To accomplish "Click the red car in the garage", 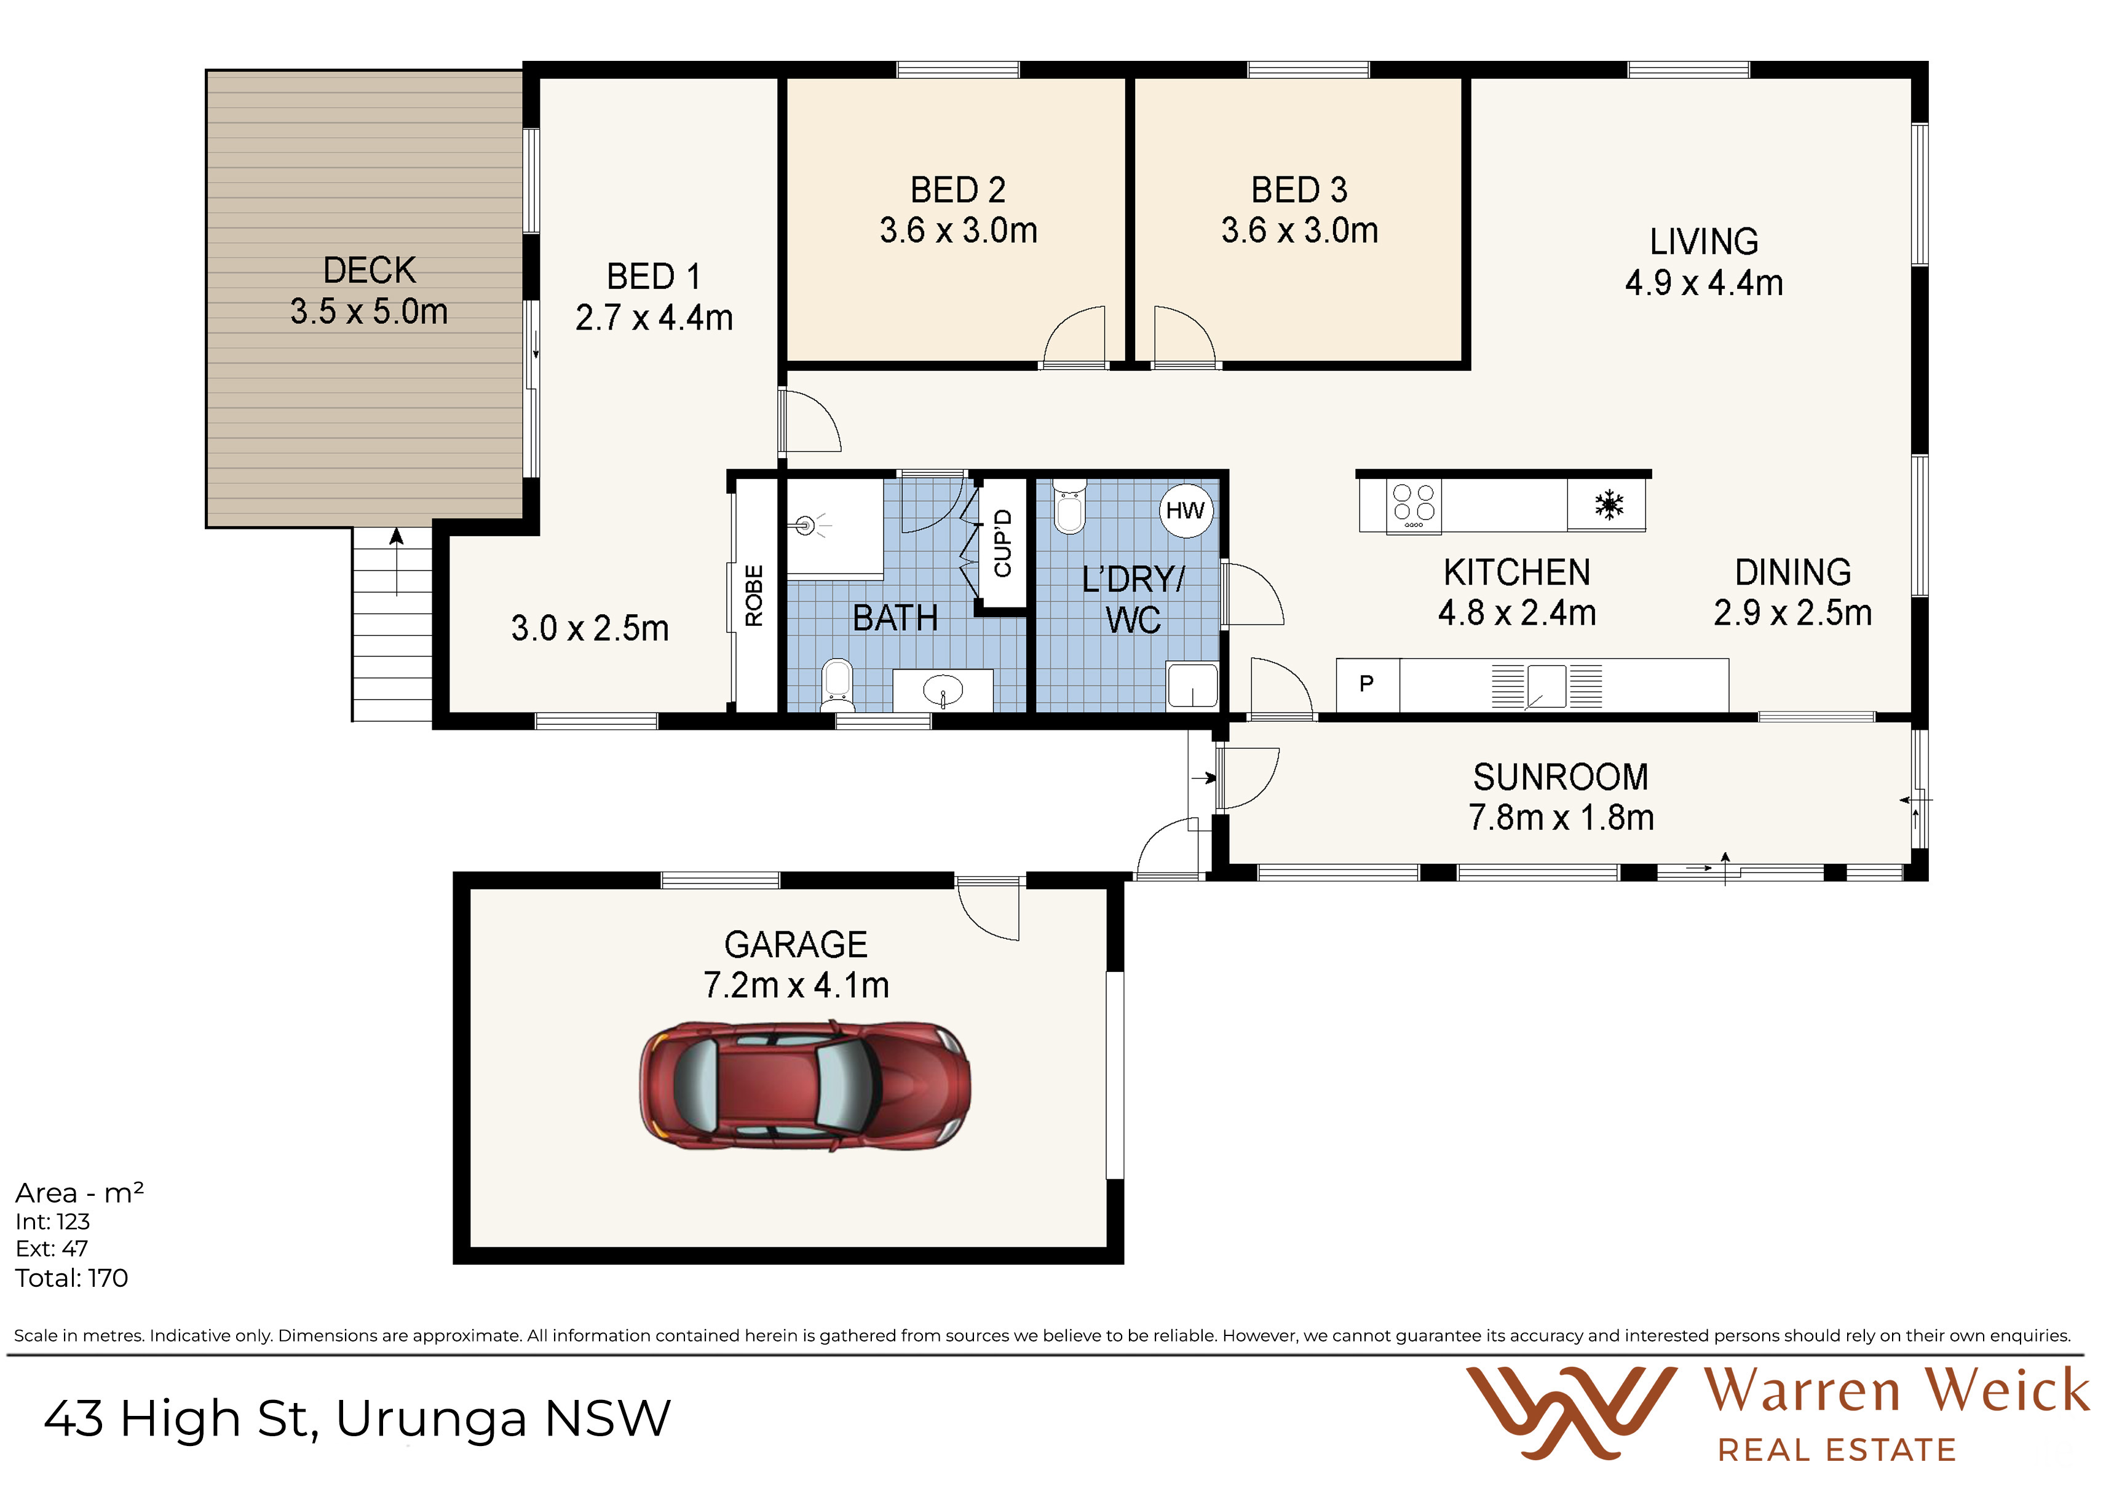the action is (805, 1086).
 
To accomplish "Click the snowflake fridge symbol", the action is (1609, 505).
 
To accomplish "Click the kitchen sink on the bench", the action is (1547, 687).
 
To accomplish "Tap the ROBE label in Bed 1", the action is (754, 596).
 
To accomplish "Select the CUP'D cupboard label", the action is (1003, 543).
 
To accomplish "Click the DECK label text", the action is (369, 271).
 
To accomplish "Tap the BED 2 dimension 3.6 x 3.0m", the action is (959, 230).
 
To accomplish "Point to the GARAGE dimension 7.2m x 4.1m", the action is (796, 985).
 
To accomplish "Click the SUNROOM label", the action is (1561, 777).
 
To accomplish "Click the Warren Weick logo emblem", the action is (1571, 1412).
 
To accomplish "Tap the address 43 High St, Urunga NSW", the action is (357, 1418).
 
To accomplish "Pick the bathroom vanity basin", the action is (943, 690).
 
